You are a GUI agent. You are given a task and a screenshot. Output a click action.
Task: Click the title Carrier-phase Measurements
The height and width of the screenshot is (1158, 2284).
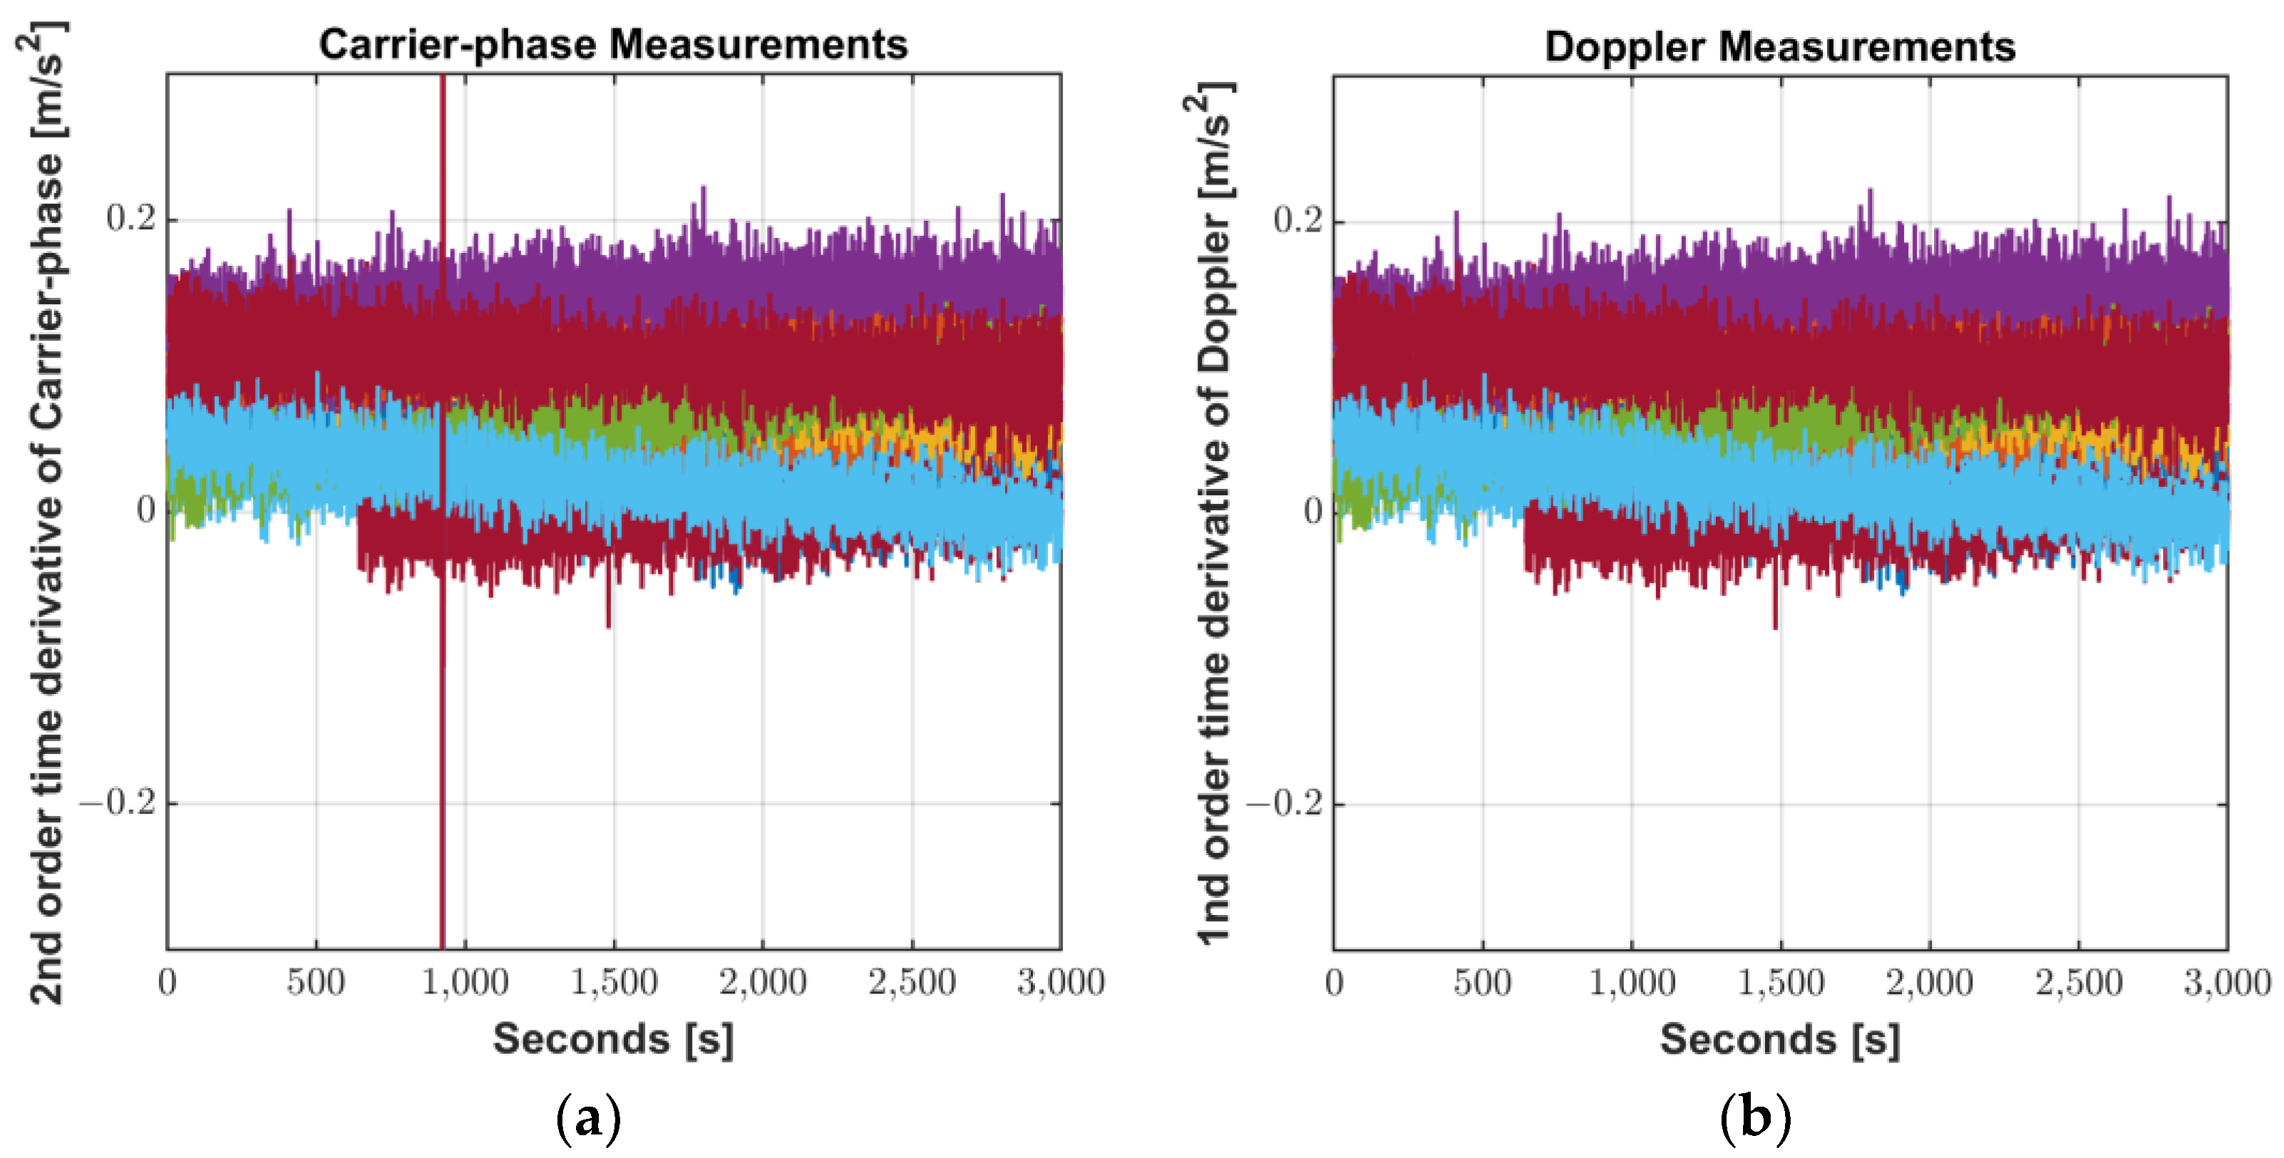point(614,44)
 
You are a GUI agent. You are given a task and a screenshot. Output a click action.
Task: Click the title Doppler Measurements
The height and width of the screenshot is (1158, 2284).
point(1779,46)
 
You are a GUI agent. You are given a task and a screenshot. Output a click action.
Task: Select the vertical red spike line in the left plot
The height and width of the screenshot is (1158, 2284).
point(443,709)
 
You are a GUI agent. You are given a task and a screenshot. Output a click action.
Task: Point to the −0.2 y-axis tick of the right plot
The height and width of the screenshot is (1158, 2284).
point(1284,803)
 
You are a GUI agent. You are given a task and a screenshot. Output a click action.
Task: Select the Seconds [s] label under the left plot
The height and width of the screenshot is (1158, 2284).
point(614,1038)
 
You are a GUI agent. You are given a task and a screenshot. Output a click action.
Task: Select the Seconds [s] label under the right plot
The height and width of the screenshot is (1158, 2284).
point(1779,1039)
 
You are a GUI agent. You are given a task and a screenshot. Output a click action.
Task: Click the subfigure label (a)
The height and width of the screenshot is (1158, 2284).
point(588,1119)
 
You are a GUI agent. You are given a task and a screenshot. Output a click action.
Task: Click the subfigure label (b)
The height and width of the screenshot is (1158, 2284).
point(1754,1119)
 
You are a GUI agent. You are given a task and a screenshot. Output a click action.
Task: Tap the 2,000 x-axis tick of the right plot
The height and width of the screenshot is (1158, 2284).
point(1929,983)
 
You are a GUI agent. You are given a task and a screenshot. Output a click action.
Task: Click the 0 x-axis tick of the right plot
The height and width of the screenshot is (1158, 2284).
point(1334,983)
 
